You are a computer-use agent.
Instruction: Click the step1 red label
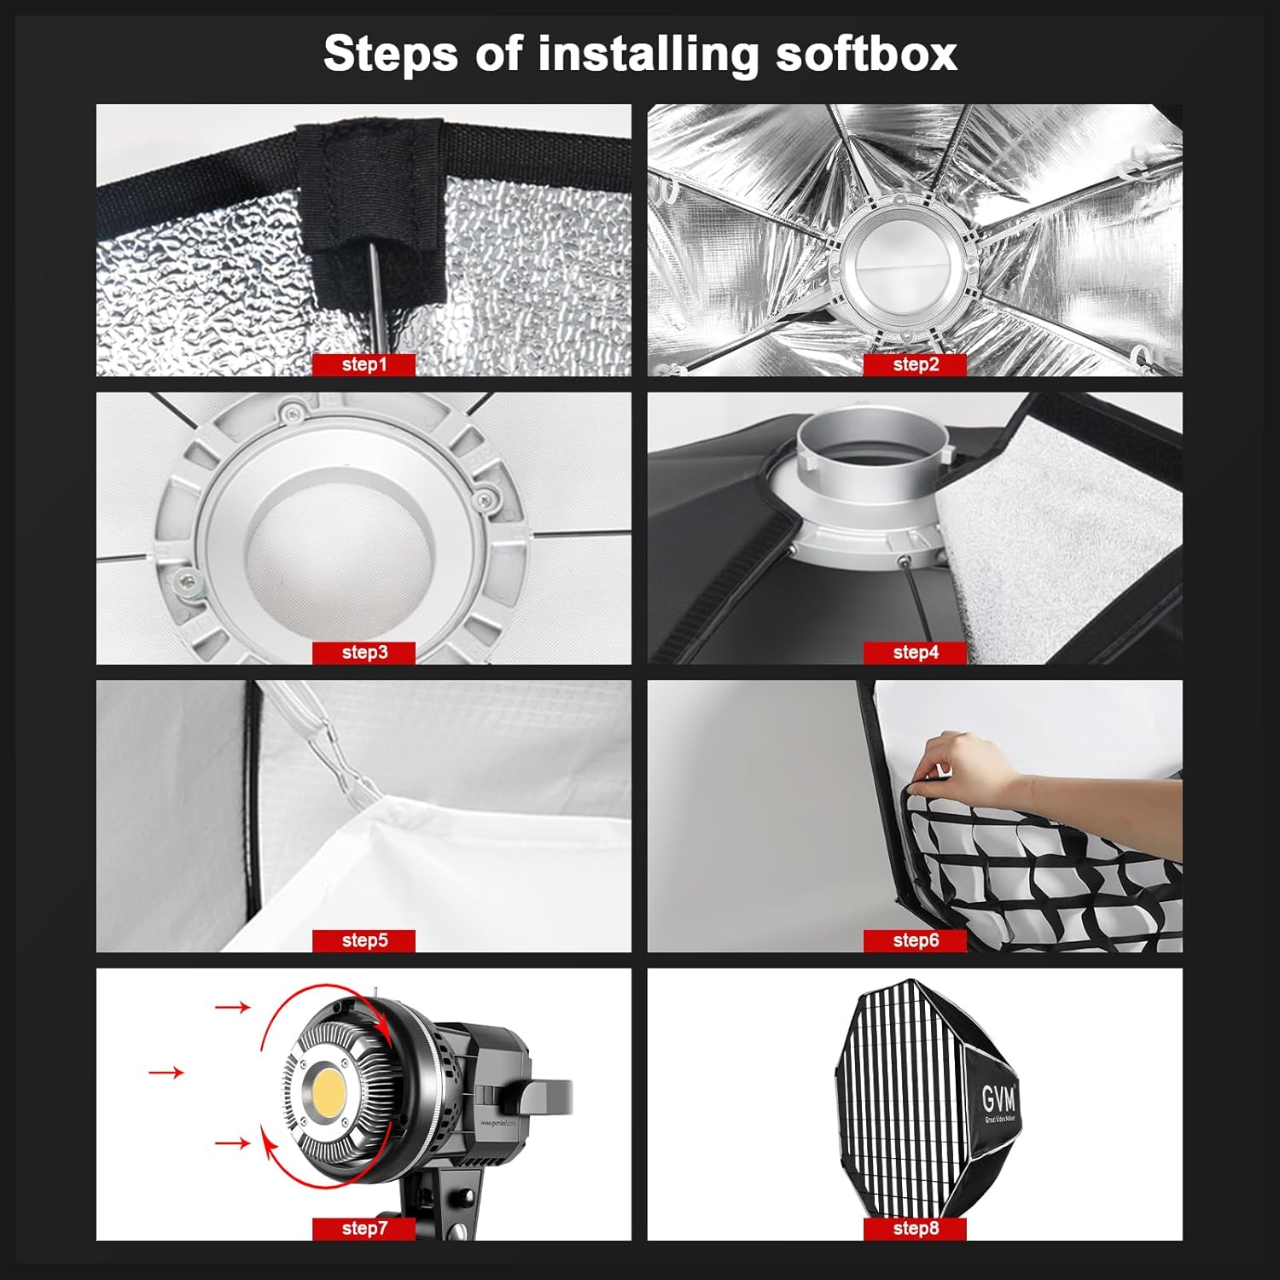click(364, 364)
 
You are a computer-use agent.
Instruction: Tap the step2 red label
click(915, 364)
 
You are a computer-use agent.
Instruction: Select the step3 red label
click(364, 653)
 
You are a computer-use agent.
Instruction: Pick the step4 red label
click(915, 653)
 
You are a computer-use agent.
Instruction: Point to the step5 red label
click(364, 940)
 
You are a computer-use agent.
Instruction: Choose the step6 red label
click(915, 940)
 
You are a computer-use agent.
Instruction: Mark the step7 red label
click(364, 1229)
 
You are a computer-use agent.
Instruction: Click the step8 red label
click(915, 1229)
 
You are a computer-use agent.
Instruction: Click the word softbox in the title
click(865, 55)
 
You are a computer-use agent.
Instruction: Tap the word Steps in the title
click(391, 55)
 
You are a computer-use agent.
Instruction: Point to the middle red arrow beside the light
click(166, 1072)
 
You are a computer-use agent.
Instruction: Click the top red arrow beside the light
click(232, 1008)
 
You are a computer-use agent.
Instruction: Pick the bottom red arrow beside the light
click(232, 1143)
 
